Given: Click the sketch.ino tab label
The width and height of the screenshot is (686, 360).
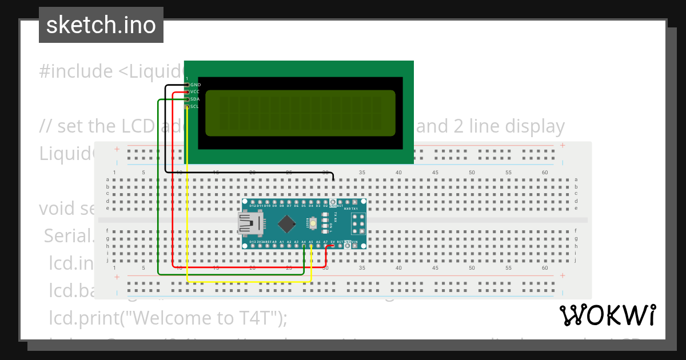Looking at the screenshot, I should point(101,25).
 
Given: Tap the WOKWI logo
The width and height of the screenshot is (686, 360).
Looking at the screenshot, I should point(607,315).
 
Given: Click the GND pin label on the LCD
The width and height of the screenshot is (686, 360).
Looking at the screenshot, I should point(196,85).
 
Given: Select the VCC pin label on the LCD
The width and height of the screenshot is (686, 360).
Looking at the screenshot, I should point(195,91).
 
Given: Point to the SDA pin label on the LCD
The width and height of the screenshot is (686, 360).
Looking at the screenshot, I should point(195,99).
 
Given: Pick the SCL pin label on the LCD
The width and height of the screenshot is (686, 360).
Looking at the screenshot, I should point(195,106).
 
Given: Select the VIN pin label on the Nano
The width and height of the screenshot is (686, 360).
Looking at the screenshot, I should point(354,242).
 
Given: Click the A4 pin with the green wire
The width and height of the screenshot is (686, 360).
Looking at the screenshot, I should point(304,247).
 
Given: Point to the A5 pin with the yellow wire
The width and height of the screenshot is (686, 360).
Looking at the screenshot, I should point(311,247).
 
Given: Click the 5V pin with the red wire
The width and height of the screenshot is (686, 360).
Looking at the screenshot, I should point(333,247).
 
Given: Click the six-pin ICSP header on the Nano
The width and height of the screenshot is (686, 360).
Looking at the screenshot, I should point(350,223).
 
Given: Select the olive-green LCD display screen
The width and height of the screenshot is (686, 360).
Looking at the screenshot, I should point(300,113).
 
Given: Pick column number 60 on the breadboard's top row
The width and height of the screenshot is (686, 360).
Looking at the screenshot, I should point(545,172).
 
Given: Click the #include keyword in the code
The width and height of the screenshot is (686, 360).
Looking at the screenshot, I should point(76,71).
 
